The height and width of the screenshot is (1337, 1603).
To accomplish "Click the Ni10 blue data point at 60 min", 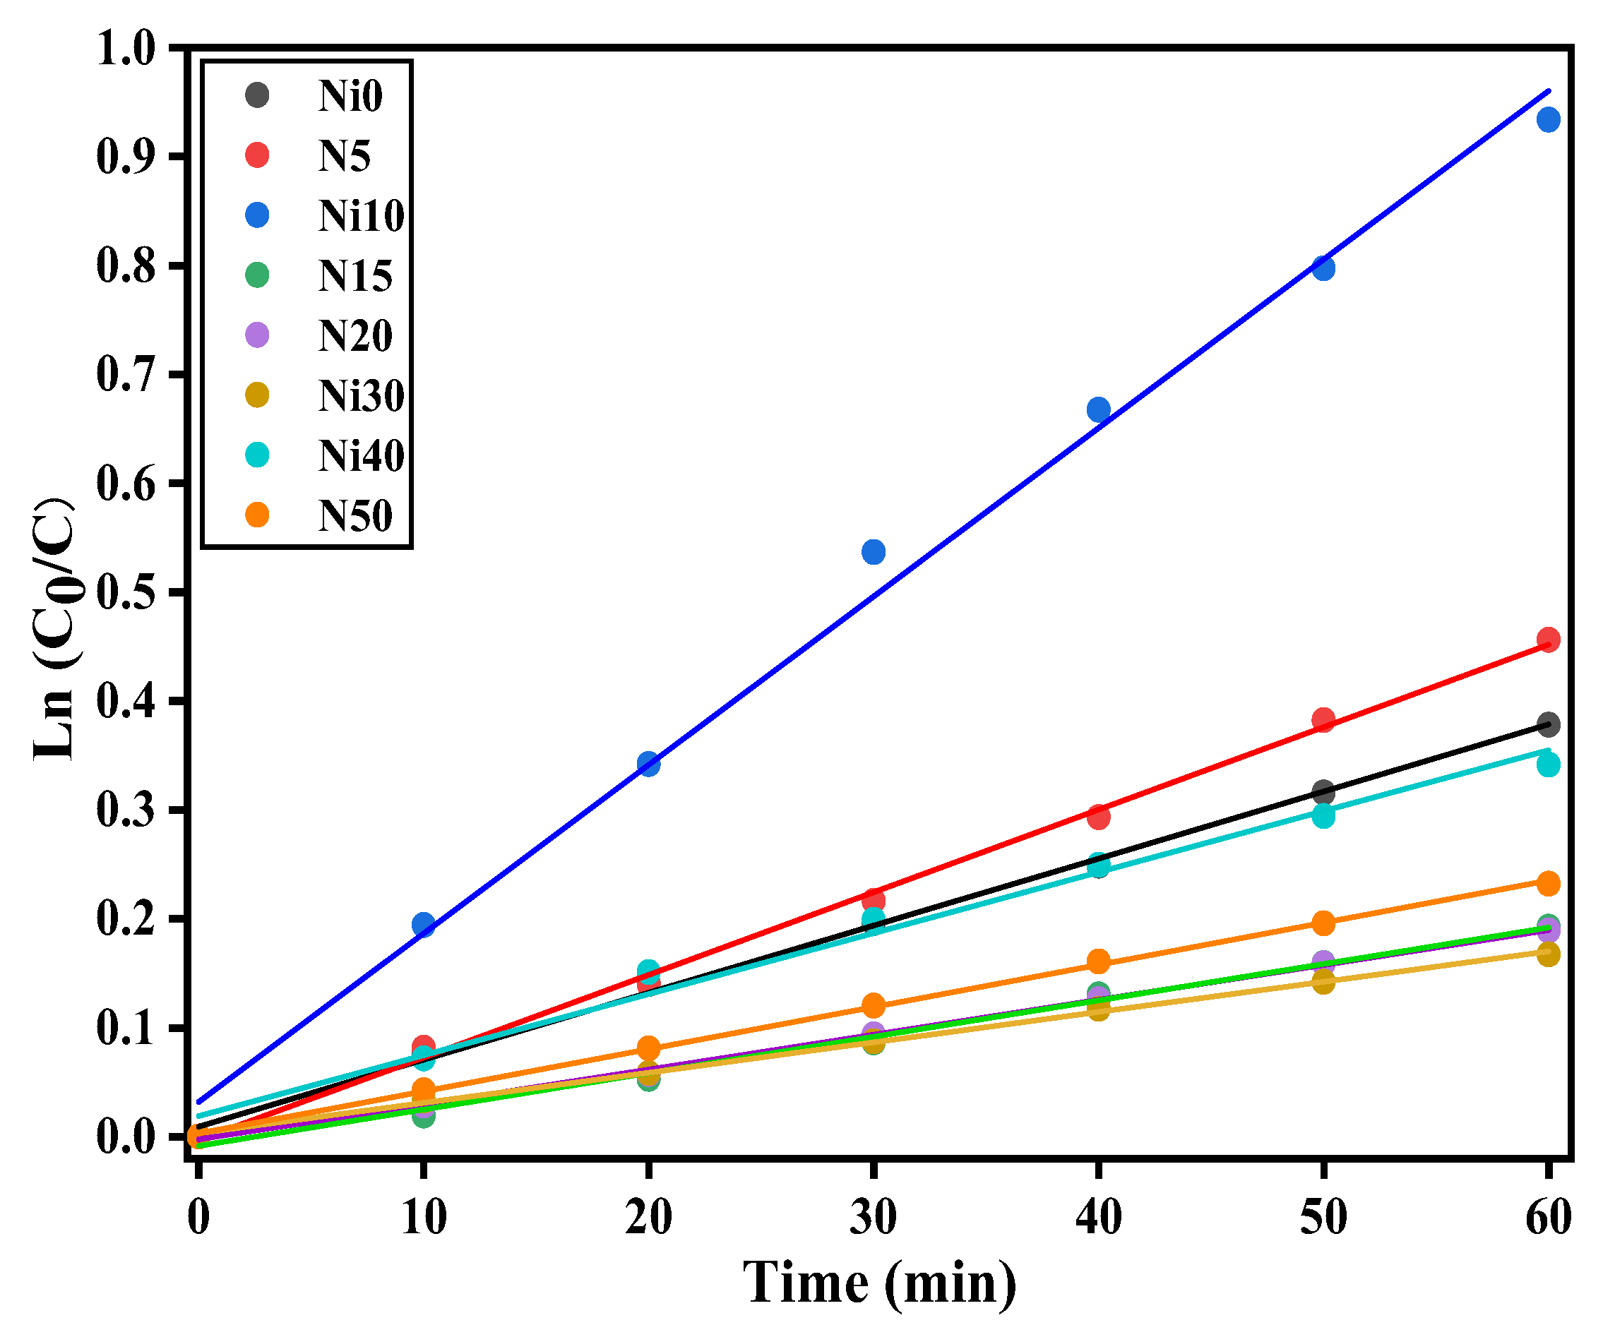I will pos(1548,120).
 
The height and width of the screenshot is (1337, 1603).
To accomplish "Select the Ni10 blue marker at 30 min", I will pos(874,553).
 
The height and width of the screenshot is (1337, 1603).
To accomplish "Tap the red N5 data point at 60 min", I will pos(1548,640).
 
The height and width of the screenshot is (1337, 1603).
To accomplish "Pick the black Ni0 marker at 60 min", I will pos(1548,725).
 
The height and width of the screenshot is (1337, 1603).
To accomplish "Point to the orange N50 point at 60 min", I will pos(1548,884).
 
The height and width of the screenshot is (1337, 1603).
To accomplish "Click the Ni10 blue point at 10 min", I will pos(424,925).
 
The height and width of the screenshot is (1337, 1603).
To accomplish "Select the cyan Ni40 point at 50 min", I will pos(1323,816).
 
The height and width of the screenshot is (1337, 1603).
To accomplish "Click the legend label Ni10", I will pos(361,216).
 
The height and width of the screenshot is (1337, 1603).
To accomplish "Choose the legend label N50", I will pos(355,516).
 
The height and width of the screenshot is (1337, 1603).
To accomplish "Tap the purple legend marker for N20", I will pos(257,335).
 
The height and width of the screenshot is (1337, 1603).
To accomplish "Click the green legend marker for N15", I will pos(257,275).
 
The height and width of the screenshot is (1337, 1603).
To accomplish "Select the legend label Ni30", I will pos(361,395).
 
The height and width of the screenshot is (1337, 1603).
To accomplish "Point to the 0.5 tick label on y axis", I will pos(126,592).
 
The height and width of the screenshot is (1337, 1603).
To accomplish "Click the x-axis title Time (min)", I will pos(879,1283).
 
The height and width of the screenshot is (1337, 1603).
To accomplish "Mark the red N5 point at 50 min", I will pos(1323,719).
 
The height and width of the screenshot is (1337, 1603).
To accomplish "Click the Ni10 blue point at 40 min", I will pos(1098,410).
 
